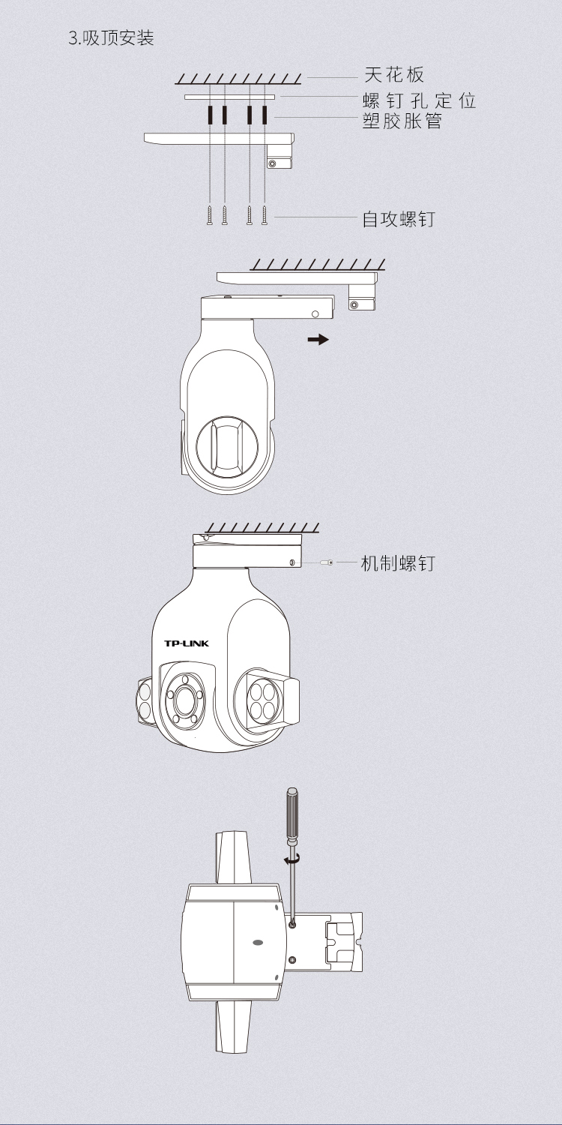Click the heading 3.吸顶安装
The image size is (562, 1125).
(111, 38)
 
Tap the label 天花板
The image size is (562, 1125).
(394, 75)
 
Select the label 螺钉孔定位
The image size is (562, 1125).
(419, 100)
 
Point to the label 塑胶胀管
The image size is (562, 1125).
(402, 121)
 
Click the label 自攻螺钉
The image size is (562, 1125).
(399, 220)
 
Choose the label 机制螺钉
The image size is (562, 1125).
(398, 563)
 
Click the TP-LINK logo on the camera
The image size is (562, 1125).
(186, 643)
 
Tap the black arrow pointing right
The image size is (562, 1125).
(318, 340)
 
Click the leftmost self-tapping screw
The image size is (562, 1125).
(210, 214)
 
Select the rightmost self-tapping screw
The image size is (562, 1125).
(265, 214)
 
